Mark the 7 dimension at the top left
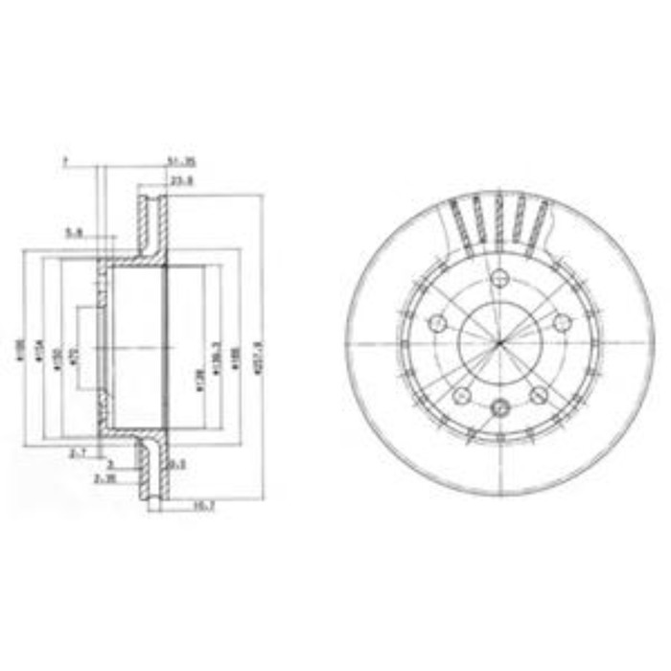tap(65, 162)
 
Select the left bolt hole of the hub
tap(436, 323)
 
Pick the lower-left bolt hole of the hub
tap(460, 395)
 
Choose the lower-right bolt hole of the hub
tap(537, 395)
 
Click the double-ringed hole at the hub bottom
tap(498, 408)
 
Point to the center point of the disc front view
tap(498, 344)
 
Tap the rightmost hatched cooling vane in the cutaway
tap(540, 222)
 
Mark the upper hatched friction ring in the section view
tap(150, 225)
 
